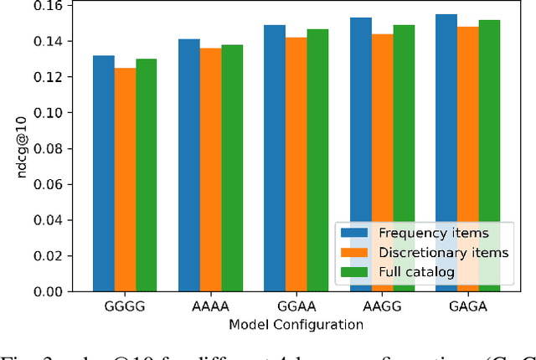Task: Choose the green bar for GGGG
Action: (x=147, y=175)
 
